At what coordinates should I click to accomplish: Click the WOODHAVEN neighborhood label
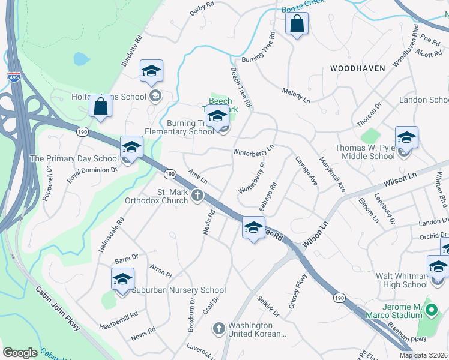point(357,68)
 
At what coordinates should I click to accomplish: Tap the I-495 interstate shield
point(13,77)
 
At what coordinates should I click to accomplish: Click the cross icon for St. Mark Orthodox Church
point(197,195)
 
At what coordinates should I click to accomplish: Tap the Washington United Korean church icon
point(219,328)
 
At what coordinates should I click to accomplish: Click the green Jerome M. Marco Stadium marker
point(430,311)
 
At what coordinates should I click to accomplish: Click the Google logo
point(20,353)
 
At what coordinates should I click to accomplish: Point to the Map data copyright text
point(424,355)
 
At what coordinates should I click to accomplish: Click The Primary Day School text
point(74,159)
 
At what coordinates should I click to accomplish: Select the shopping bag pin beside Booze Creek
point(297,25)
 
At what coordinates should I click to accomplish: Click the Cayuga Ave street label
point(306,171)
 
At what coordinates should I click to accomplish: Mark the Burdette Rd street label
point(131,50)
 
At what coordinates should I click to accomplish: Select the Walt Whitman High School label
point(402,280)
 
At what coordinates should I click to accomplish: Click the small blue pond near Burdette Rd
point(80,59)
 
